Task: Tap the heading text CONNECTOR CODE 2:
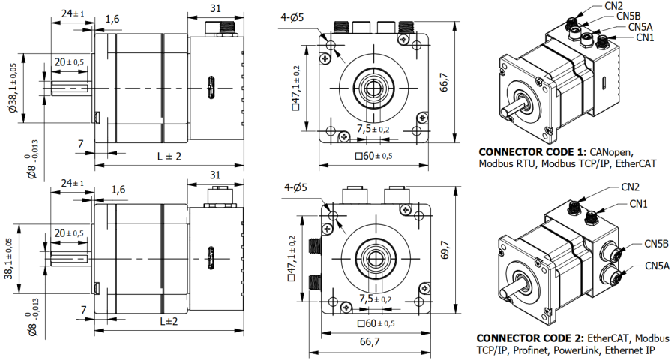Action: [x=530, y=337]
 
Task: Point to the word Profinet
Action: [x=534, y=349]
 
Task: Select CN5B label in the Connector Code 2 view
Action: [x=656, y=244]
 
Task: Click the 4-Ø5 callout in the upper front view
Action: [x=292, y=17]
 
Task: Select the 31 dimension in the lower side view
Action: [x=215, y=175]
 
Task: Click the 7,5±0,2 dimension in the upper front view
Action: [x=373, y=129]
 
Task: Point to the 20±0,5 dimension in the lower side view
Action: [x=68, y=233]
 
